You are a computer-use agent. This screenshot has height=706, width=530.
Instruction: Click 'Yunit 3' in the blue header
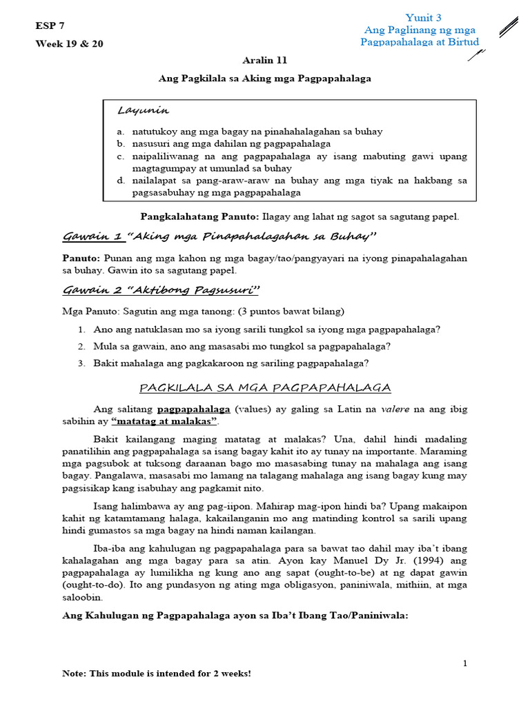[423, 18]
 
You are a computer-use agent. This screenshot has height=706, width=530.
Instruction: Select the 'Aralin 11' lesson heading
[264, 61]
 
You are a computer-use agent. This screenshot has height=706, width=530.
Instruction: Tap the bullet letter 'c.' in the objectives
[120, 156]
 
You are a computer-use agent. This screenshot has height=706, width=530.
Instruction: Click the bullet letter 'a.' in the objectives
[120, 131]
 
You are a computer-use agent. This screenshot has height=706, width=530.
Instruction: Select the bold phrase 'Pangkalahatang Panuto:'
[199, 216]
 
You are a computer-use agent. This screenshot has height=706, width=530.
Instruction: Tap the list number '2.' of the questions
[81, 346]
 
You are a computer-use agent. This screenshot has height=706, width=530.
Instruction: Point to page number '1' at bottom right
[465, 663]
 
